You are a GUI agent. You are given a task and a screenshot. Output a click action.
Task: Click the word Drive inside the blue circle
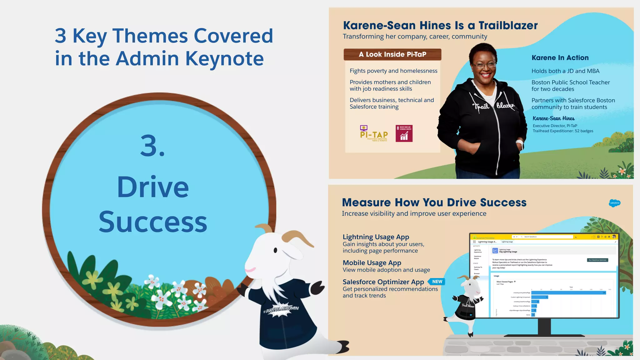(x=153, y=187)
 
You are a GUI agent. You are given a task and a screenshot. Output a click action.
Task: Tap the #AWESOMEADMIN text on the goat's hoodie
(x=281, y=309)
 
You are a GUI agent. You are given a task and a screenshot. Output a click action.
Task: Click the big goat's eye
(x=275, y=250)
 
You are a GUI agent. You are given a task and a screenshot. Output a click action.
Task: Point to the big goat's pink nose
(x=250, y=269)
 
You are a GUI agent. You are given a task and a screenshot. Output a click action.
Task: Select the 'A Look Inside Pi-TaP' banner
(x=392, y=54)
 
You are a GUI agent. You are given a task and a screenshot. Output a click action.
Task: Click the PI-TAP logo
(x=374, y=134)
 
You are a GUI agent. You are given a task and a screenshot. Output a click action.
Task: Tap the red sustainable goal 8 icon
(x=404, y=133)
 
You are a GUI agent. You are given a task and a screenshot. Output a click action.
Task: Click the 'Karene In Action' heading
(x=560, y=58)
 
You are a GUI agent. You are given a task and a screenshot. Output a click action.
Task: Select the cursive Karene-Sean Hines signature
(x=553, y=118)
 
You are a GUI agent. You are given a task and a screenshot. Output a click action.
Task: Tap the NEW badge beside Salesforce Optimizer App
(x=437, y=282)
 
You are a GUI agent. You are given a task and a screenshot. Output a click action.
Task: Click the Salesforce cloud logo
(x=614, y=203)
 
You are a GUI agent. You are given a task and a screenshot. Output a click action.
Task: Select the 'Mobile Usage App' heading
(x=372, y=263)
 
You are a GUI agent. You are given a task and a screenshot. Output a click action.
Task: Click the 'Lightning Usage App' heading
(x=376, y=237)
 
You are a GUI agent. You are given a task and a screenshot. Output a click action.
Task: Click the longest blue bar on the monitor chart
(x=568, y=293)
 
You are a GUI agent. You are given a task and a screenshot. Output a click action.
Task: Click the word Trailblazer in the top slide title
(x=508, y=25)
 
